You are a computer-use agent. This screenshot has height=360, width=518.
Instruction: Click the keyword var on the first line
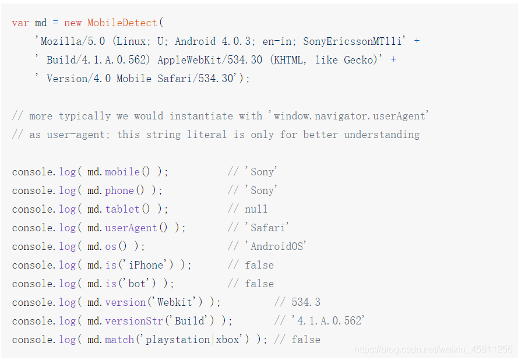20,23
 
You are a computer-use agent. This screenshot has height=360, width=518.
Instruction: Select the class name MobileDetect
122,23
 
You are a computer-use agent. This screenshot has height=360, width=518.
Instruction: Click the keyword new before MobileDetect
73,23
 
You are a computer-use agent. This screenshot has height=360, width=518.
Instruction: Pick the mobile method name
122,172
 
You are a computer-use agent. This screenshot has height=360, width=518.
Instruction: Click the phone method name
119,190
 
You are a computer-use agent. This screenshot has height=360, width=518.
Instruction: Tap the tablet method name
122,209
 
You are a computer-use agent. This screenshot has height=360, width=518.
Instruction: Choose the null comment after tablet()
256,209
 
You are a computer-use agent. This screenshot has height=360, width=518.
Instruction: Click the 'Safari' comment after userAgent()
267,228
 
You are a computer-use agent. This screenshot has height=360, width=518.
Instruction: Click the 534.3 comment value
306,302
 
